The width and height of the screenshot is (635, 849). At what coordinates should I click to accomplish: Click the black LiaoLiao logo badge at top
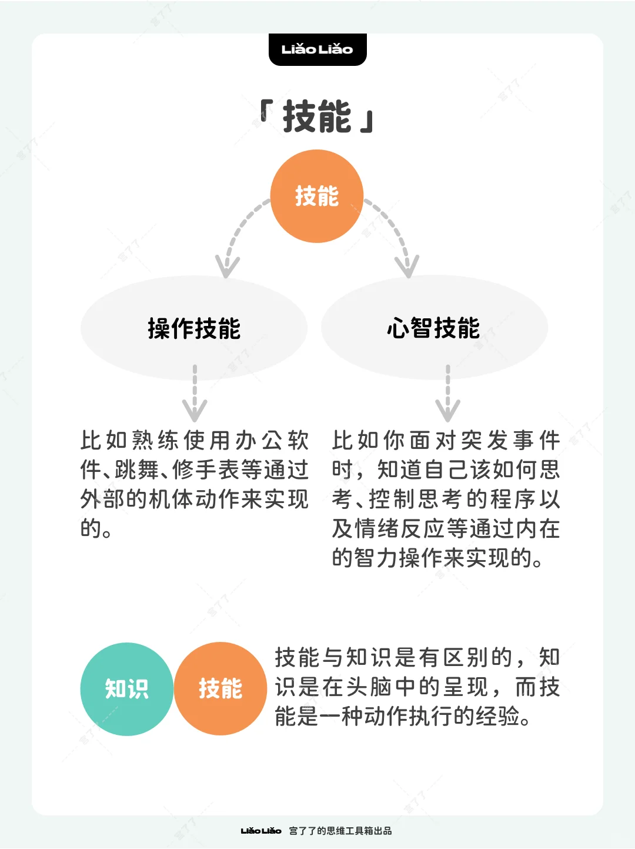coord(317,49)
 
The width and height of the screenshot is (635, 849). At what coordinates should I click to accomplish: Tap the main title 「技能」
coord(317,116)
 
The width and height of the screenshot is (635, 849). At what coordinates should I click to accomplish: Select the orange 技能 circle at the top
coord(316,196)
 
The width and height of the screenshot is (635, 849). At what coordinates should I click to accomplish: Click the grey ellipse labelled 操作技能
coord(194,328)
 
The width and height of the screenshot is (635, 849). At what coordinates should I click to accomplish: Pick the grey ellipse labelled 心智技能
coord(435,328)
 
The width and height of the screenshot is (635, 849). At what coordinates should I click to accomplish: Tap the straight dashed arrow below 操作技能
coord(195,394)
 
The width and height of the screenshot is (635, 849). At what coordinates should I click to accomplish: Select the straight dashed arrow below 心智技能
coord(448,394)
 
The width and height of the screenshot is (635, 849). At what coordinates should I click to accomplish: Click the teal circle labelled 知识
coord(127,689)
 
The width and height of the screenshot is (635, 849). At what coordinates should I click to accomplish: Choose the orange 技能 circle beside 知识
coord(220,688)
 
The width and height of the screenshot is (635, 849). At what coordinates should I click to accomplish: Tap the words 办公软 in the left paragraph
coord(272,440)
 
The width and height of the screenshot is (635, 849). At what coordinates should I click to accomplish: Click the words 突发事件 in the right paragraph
coord(511,440)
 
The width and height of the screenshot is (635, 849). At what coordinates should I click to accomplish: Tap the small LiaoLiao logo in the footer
coord(261,831)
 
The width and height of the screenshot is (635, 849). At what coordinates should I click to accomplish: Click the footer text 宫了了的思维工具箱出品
coord(340,831)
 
